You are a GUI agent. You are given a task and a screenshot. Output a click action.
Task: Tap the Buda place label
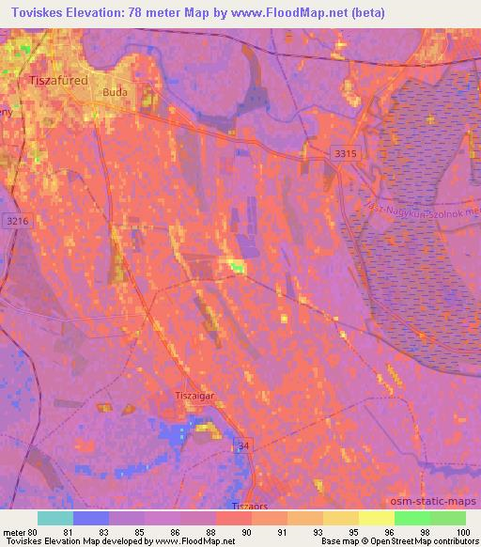pyautogui.click(x=115, y=92)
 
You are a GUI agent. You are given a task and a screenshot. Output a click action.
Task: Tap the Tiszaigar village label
pyautogui.click(x=195, y=396)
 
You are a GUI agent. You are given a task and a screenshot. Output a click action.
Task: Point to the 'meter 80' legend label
pyautogui.click(x=23, y=532)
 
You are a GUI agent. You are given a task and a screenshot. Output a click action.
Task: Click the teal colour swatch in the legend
pyautogui.click(x=55, y=518)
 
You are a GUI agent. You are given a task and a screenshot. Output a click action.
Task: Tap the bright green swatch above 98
pyautogui.click(x=412, y=518)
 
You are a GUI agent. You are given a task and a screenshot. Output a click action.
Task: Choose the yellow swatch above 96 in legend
pyautogui.click(x=377, y=518)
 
